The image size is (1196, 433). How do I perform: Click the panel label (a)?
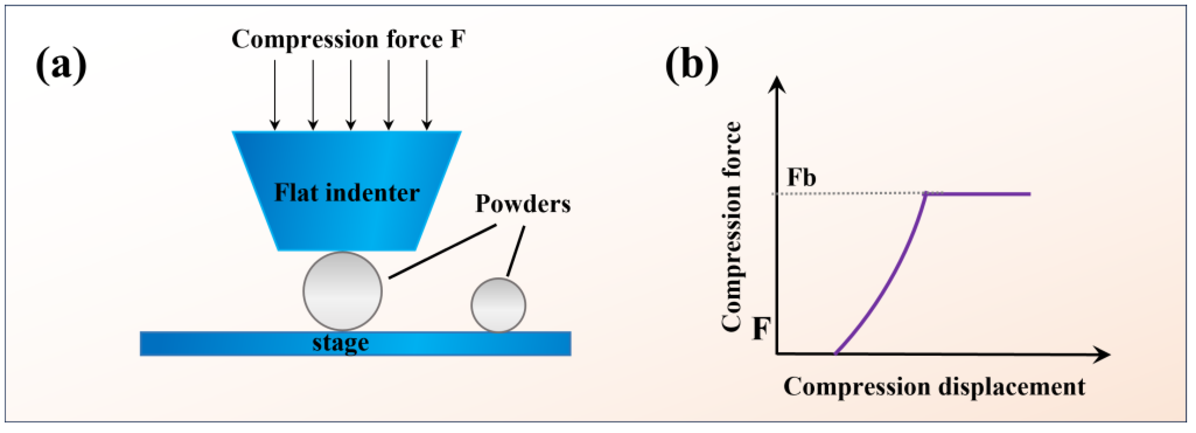point(61,65)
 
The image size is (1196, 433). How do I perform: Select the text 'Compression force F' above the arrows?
point(348,39)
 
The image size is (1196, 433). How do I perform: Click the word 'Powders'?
point(523,204)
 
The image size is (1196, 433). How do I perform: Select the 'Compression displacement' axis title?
point(934,387)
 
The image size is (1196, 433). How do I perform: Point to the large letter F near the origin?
point(761,329)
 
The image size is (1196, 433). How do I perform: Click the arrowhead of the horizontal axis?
point(1102,355)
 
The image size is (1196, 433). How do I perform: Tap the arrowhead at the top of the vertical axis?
point(778,85)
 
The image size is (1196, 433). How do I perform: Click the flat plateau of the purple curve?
point(979,194)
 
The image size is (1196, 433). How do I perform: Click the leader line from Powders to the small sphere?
point(516,251)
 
